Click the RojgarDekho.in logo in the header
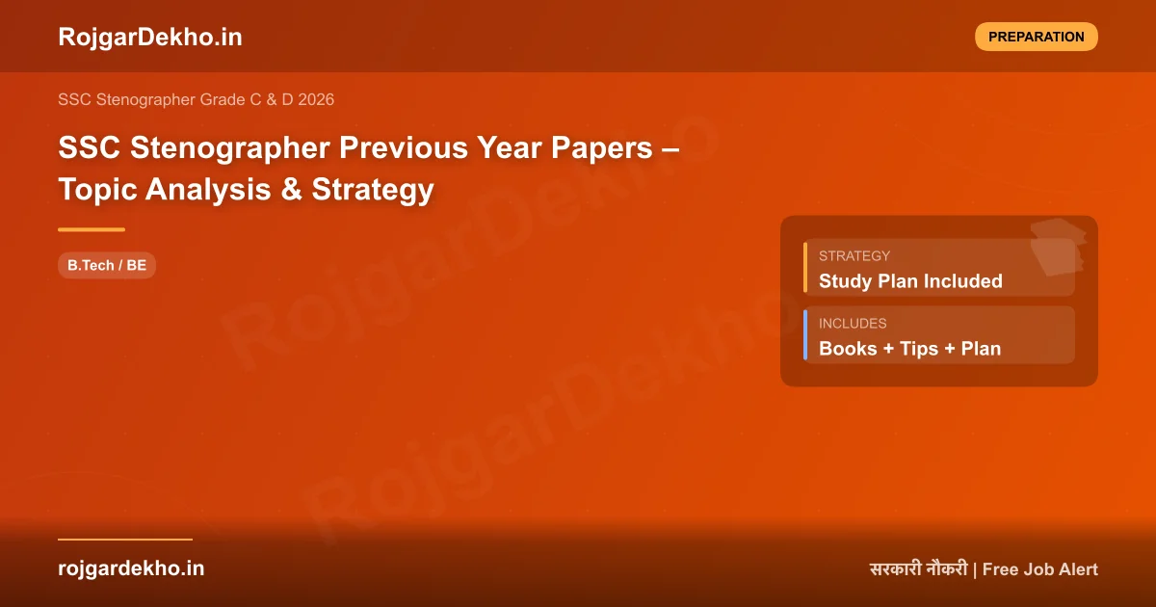pos(149,37)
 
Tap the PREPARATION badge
pos(1036,37)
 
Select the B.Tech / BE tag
pos(107,265)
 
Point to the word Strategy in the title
pos(373,190)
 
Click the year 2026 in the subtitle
pos(316,99)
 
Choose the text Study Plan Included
pos(910,281)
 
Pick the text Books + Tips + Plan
pos(909,349)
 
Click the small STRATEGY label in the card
pos(854,256)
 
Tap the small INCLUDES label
pos(853,324)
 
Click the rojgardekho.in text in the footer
pos(131,568)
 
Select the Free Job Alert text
pos(1040,569)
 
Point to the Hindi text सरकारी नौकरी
pos(918,569)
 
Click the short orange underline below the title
pos(92,229)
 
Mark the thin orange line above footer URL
pos(125,540)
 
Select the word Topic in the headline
pos(97,190)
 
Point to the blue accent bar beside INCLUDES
pos(805,334)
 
